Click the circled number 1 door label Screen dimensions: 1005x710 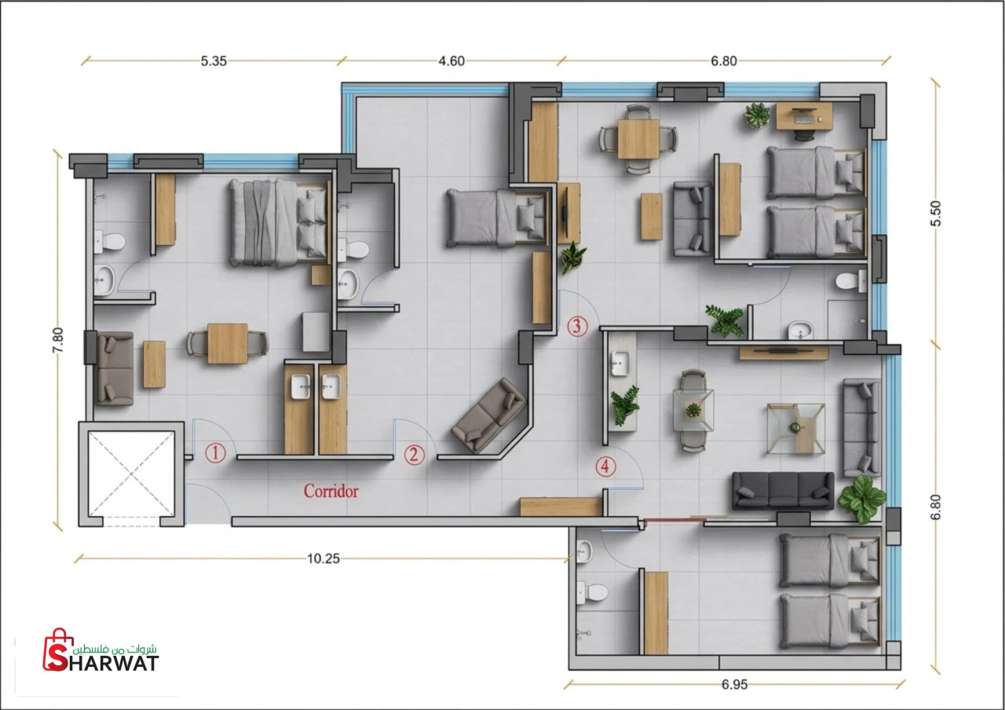[x=215, y=453]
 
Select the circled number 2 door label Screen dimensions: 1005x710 [x=414, y=455]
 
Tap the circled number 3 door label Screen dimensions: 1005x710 [x=577, y=326]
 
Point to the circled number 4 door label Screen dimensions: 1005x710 [x=605, y=467]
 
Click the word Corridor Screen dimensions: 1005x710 [x=331, y=491]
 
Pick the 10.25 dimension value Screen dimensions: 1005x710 [x=323, y=558]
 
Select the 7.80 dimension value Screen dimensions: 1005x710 [x=58, y=340]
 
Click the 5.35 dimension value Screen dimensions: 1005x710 [x=214, y=61]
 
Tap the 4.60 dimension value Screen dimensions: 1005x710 [x=451, y=61]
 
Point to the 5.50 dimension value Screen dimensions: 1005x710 [x=935, y=213]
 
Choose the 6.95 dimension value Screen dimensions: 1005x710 [x=734, y=684]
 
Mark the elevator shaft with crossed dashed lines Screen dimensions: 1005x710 [x=131, y=474]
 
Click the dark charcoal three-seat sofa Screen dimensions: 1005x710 [x=783, y=491]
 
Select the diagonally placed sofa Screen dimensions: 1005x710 [x=489, y=415]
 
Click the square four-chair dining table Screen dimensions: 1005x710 [x=638, y=139]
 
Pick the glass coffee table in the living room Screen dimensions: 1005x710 [x=796, y=429]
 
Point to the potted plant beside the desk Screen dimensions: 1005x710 [x=758, y=115]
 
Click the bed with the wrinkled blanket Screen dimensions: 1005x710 [x=279, y=223]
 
